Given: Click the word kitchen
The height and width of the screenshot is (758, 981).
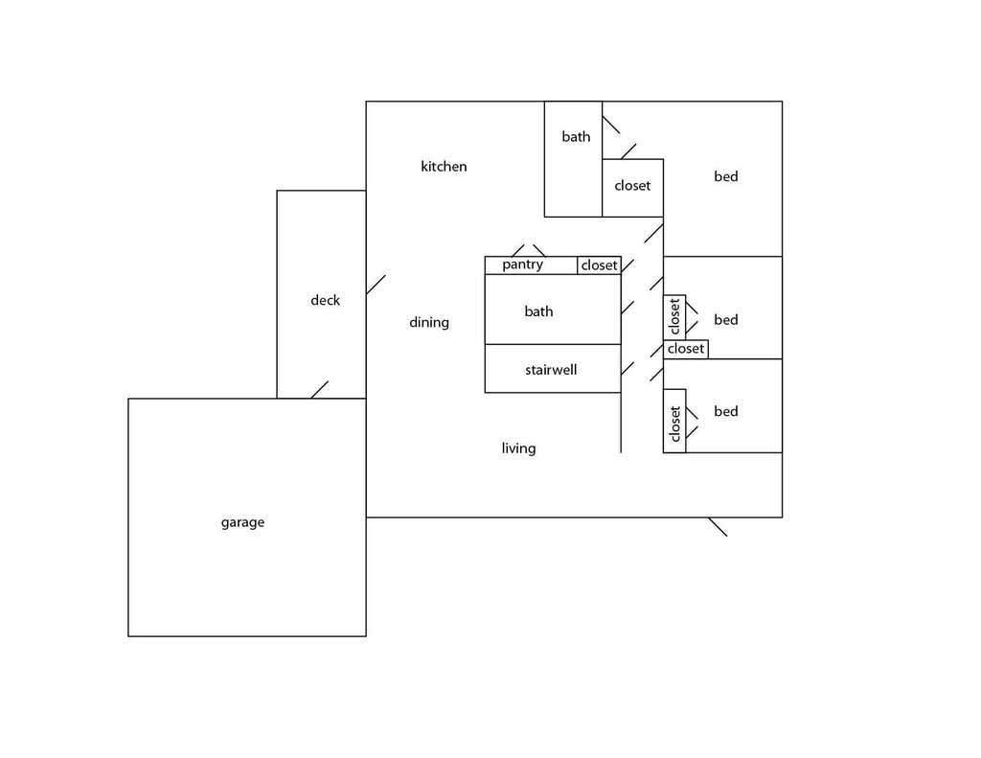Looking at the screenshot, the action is tap(444, 167).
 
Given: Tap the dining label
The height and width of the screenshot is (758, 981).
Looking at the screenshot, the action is tap(429, 323).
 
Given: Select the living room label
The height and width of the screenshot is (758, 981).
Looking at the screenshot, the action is tap(518, 448).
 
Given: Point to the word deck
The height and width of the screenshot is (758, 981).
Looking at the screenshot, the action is tap(326, 301).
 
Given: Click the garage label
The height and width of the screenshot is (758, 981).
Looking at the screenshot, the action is tap(242, 522).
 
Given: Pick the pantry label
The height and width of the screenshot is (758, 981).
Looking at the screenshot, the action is tap(522, 264).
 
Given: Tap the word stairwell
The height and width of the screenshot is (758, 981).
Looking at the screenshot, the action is tap(551, 370).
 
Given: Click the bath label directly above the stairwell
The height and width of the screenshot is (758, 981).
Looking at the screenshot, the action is tap(538, 311).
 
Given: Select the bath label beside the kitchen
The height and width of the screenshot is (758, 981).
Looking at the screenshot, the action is tap(576, 136).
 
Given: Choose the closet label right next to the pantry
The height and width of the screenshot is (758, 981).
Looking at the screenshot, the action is tap(600, 265).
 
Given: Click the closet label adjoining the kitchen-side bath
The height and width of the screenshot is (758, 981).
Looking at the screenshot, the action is tap(632, 186).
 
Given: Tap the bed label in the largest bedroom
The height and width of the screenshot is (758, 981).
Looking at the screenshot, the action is tap(726, 176).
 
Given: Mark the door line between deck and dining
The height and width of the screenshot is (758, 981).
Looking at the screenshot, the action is tap(376, 285).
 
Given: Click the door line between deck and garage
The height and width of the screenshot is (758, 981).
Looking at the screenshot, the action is tap(320, 389).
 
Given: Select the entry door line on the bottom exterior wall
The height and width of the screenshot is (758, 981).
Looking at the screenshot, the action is tap(718, 527).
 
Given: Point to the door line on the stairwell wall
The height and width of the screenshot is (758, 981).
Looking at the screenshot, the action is tap(627, 369).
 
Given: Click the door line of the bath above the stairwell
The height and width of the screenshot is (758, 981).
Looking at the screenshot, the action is tap(627, 308).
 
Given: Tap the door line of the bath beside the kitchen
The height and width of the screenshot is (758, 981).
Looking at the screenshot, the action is tap(611, 125).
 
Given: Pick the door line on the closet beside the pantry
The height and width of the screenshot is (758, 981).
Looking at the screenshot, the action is tap(627, 265).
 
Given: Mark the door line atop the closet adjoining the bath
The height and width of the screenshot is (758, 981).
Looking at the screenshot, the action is tap(628, 151).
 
